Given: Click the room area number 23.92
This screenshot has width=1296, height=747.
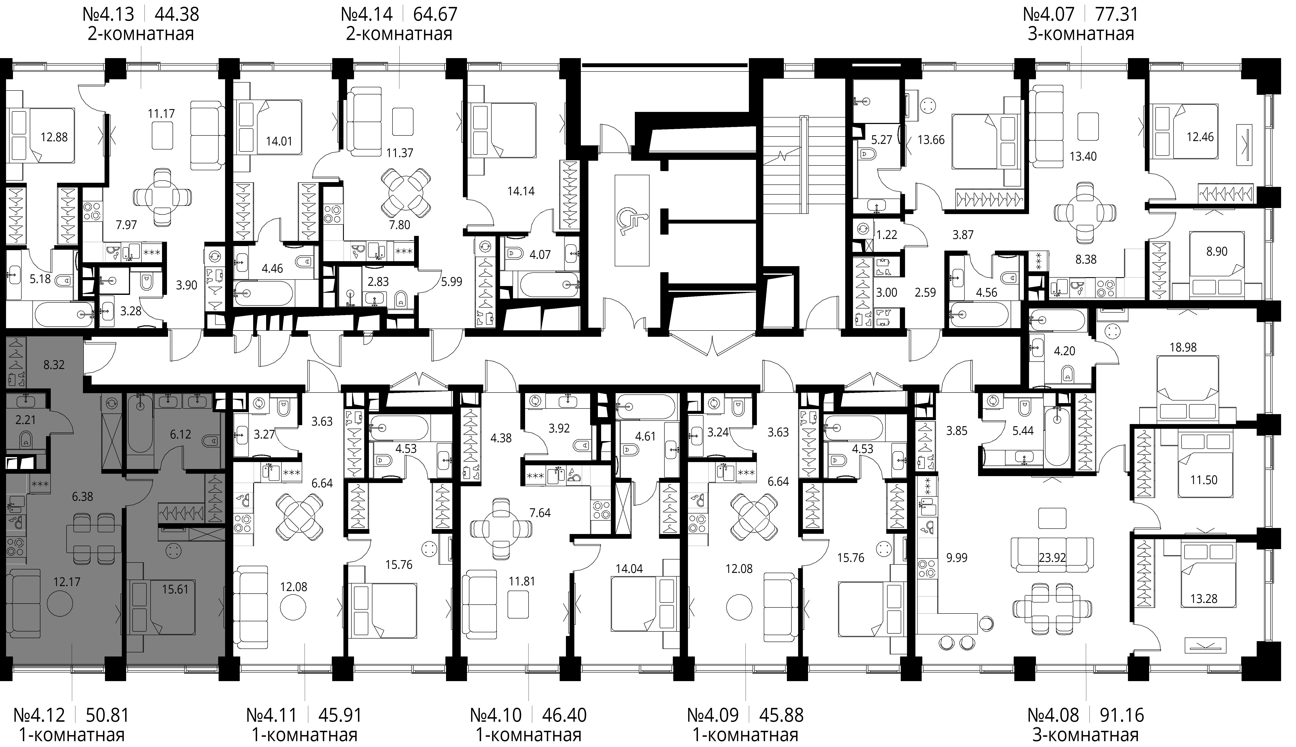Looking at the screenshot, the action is click(1052, 558).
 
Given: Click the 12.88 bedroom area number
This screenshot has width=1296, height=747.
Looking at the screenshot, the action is click(54, 137).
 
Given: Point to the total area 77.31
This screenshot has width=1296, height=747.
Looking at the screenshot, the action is click(1117, 14).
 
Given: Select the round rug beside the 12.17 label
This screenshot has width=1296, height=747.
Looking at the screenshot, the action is click(60, 603).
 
